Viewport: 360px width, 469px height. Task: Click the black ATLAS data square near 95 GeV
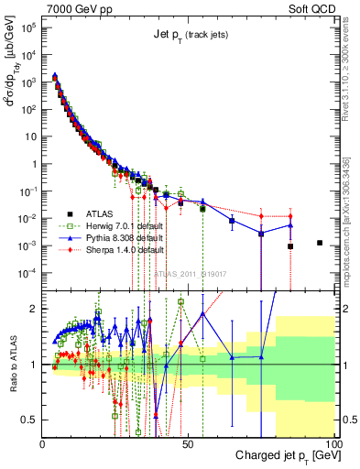coord(319,243)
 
